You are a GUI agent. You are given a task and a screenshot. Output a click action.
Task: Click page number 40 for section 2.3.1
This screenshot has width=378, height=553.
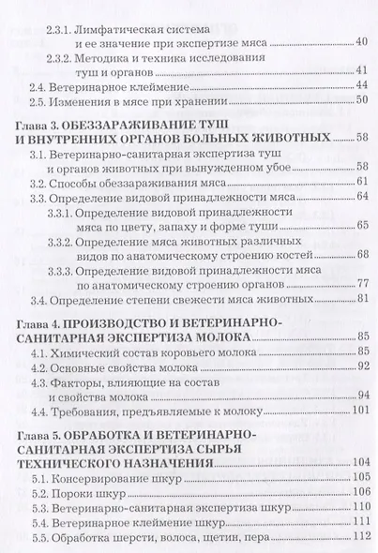[362, 42]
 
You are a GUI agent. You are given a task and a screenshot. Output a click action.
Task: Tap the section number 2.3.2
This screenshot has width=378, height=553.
[58, 57]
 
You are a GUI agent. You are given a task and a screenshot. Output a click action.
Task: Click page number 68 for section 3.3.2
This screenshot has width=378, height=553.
[362, 255]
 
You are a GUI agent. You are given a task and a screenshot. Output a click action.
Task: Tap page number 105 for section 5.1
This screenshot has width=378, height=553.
[358, 476]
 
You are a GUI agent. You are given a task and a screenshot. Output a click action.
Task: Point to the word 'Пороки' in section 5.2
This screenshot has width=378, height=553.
[79, 491]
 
